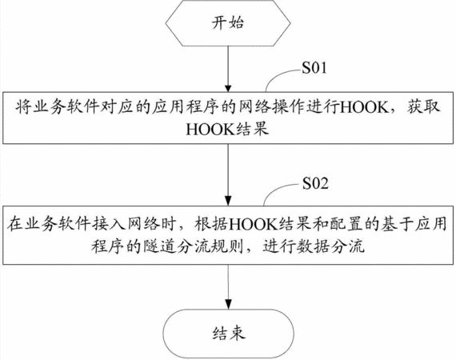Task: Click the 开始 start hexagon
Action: [228, 23]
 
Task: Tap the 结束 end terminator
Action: [228, 334]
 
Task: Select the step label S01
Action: [314, 68]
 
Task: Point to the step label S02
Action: [315, 183]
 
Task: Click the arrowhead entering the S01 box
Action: [228, 89]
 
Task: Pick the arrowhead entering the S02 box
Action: [228, 202]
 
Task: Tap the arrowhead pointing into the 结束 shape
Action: [228, 305]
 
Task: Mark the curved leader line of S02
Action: [275, 190]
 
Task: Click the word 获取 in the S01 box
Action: [423, 107]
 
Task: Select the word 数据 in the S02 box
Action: [314, 246]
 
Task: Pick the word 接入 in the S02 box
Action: [110, 224]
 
